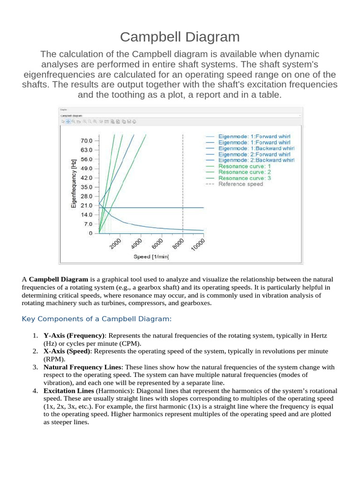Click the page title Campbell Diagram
pyautogui.click(x=180, y=37)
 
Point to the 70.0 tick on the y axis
pyautogui.click(x=87, y=141)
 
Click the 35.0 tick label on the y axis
pyautogui.click(x=87, y=187)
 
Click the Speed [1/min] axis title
pyautogui.click(x=151, y=256)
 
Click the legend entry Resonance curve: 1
pyautogui.click(x=245, y=166)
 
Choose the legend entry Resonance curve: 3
pyautogui.click(x=245, y=178)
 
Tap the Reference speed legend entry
pyautogui.click(x=241, y=184)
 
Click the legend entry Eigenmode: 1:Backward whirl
pyautogui.click(x=256, y=148)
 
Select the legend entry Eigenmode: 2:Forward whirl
pyautogui.click(x=255, y=154)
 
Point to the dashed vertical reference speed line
pyautogui.click(x=183, y=178)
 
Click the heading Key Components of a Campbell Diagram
pyautogui.click(x=97, y=319)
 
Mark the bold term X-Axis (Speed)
pyautogui.click(x=66, y=351)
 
